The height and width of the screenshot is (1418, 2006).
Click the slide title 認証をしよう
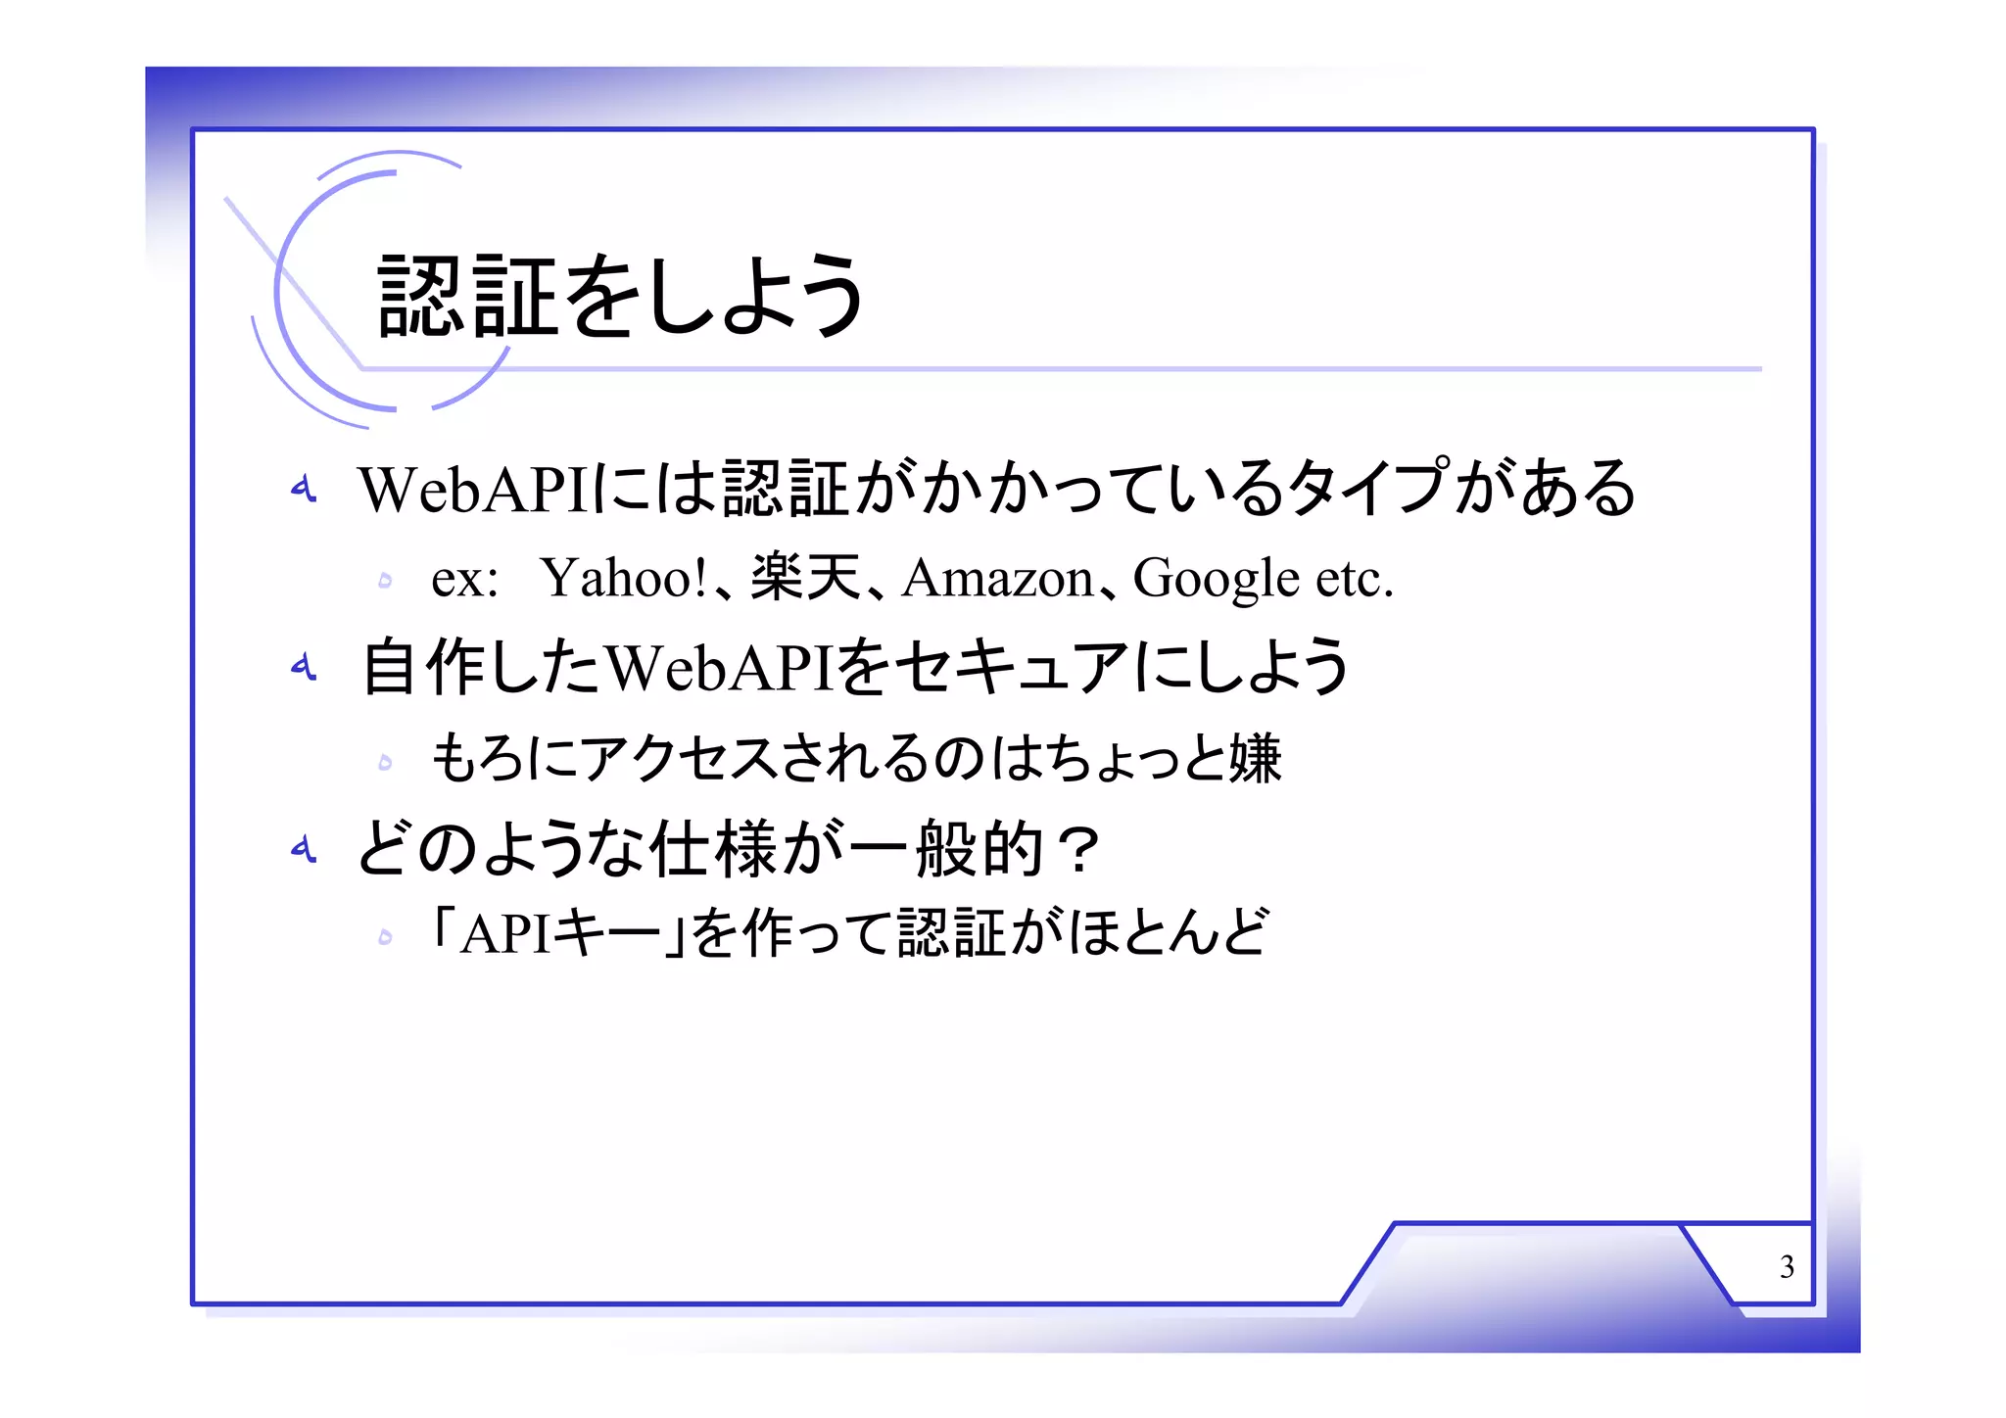pos(621,295)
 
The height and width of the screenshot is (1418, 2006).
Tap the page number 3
pos(1787,1267)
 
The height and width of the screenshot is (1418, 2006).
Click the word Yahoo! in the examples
pos(623,578)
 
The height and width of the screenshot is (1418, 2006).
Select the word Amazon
pos(997,578)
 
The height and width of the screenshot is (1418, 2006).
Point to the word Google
pos(1216,578)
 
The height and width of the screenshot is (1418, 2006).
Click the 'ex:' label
pos(465,580)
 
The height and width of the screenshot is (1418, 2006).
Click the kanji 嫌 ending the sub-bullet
pos(1256,758)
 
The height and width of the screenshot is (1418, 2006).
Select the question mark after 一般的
pos(1081,849)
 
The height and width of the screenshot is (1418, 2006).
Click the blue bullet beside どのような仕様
pos(304,848)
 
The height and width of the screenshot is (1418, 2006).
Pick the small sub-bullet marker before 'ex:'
pos(385,581)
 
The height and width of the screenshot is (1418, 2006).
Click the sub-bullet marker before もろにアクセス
pos(385,762)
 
